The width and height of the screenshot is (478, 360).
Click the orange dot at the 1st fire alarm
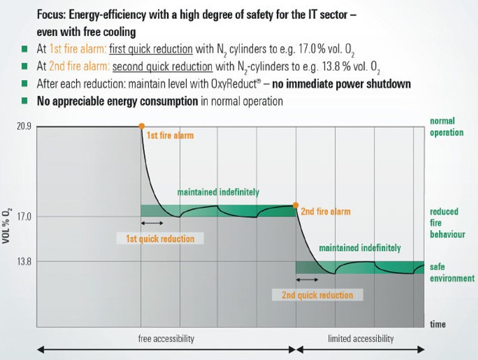[x=141, y=126]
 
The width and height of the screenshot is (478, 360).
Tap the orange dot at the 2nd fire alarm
[x=296, y=205]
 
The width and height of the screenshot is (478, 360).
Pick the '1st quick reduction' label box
[x=160, y=239]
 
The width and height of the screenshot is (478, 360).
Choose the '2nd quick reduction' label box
[x=318, y=295]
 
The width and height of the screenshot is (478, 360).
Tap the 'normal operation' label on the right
[x=446, y=127]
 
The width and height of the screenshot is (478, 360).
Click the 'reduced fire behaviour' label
[x=447, y=222]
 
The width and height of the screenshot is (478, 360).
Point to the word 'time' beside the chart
[x=438, y=324]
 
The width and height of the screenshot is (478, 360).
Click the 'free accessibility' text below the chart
[x=166, y=338]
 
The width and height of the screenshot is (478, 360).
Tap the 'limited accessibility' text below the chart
[x=361, y=338]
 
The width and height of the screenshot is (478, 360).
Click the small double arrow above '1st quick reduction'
[x=151, y=223]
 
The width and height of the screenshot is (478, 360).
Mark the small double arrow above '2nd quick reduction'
[x=307, y=279]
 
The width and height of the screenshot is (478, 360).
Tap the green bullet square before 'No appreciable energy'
[x=25, y=101]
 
